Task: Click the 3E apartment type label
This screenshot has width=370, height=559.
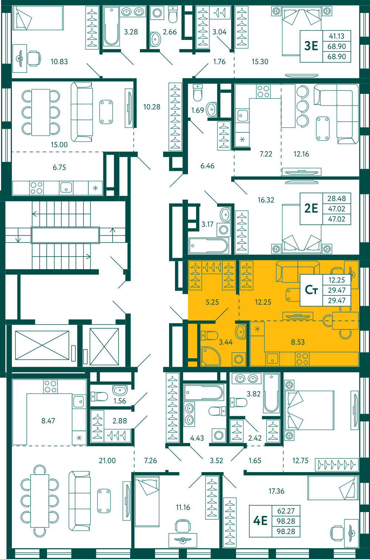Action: click(x=311, y=46)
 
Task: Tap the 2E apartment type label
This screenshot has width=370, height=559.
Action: click(x=311, y=208)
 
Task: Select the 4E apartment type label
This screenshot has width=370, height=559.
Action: click(x=260, y=521)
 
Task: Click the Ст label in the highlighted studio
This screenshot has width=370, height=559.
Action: click(x=311, y=290)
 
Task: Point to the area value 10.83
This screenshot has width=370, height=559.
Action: click(x=59, y=61)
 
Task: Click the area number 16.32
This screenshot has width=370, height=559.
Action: click(x=266, y=200)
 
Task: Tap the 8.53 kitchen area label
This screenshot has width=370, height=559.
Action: click(x=298, y=342)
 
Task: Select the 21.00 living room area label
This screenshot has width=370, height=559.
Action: click(x=107, y=460)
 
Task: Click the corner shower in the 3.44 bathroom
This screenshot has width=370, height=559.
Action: click(x=211, y=356)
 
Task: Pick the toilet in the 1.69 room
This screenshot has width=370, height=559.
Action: click(x=198, y=93)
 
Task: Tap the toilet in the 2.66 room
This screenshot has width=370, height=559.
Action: click(x=173, y=15)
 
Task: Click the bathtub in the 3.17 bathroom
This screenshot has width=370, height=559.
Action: click(x=209, y=246)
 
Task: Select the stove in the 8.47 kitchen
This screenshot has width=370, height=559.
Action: click(x=50, y=387)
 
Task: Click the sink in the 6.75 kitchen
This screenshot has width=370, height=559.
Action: click(x=66, y=187)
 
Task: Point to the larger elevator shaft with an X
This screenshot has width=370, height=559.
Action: click(x=42, y=345)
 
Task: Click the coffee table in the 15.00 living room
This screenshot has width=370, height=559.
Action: click(x=106, y=112)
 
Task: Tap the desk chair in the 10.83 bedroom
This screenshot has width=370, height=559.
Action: click(x=34, y=58)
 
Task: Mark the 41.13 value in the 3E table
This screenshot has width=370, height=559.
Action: click(x=337, y=36)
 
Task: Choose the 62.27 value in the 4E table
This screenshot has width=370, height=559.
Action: click(x=286, y=511)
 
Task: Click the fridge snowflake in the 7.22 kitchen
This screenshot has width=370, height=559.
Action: click(x=242, y=139)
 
